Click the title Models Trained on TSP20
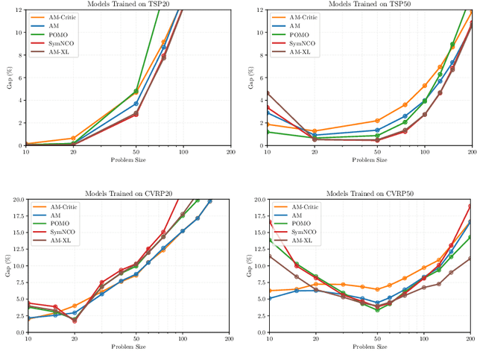(x=127, y=4)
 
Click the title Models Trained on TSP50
(x=369, y=4)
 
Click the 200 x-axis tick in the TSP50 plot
(x=471, y=151)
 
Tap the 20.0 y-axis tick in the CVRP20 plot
(x=16, y=200)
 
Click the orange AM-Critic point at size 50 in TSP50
(x=377, y=121)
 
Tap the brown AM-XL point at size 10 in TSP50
(x=267, y=92)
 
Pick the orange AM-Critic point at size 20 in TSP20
(x=73, y=138)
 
